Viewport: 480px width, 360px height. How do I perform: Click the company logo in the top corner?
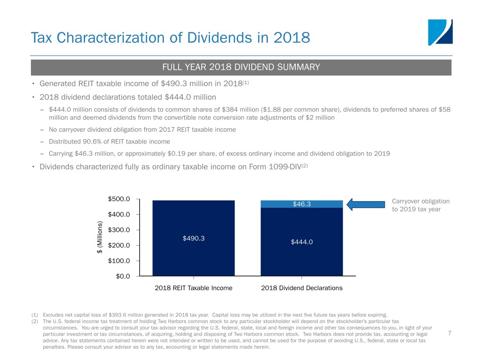click(440, 32)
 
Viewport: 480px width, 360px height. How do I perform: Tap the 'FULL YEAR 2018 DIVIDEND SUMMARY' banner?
click(241, 67)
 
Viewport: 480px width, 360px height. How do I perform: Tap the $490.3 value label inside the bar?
click(193, 238)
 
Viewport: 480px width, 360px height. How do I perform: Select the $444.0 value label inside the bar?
click(301, 242)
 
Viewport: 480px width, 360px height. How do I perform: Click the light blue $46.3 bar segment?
click(301, 204)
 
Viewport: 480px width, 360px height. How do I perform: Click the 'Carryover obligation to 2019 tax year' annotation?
click(420, 205)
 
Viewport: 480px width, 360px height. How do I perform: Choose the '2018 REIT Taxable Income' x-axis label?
click(193, 288)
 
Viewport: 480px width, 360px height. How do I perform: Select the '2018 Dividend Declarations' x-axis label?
click(301, 288)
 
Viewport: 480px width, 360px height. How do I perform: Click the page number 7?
click(450, 333)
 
